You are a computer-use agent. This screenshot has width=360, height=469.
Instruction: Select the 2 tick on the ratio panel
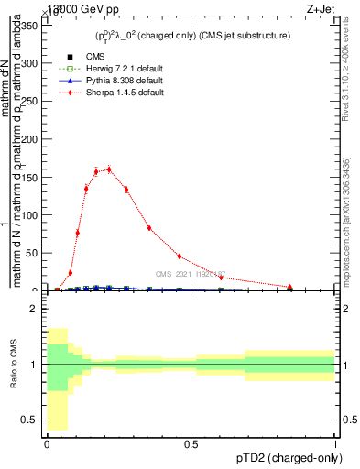click(33, 309)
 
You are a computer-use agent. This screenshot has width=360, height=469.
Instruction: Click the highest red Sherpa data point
click(109, 169)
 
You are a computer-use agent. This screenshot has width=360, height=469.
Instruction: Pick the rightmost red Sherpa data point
click(289, 287)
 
